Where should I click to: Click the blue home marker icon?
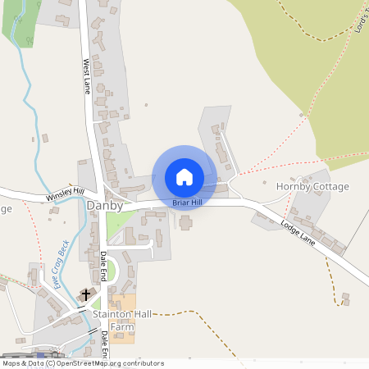click(x=184, y=176)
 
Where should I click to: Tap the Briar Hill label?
click(x=184, y=202)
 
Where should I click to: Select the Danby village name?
click(x=105, y=206)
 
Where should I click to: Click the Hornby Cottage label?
click(x=312, y=186)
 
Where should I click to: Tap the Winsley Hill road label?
click(x=66, y=195)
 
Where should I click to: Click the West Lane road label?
click(x=85, y=76)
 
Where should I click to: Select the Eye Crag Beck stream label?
click(x=61, y=264)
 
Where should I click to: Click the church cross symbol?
click(x=87, y=294)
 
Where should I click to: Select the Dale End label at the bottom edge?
click(x=105, y=342)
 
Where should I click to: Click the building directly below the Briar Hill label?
click(x=186, y=222)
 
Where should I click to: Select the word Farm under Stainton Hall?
click(x=122, y=326)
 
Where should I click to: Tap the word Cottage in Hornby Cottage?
click(x=330, y=186)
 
